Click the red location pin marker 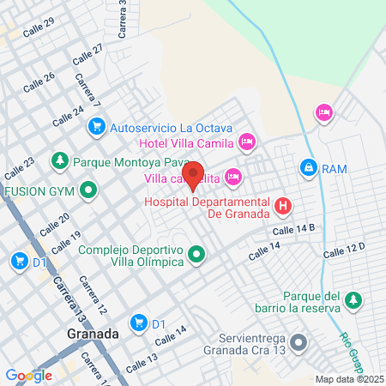[x=194, y=174]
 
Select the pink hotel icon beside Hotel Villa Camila [x=247, y=141]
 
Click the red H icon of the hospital [x=283, y=206]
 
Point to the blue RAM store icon [x=307, y=168]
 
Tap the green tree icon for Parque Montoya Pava [x=59, y=160]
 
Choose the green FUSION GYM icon [x=90, y=190]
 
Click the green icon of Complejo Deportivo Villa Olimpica [x=198, y=255]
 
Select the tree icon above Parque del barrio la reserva [x=352, y=300]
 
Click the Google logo [x=28, y=375]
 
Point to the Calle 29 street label [x=39, y=27]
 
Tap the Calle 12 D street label [x=345, y=250]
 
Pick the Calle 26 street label [x=39, y=83]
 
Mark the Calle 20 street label [x=53, y=224]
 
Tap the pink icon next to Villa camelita [x=234, y=178]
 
